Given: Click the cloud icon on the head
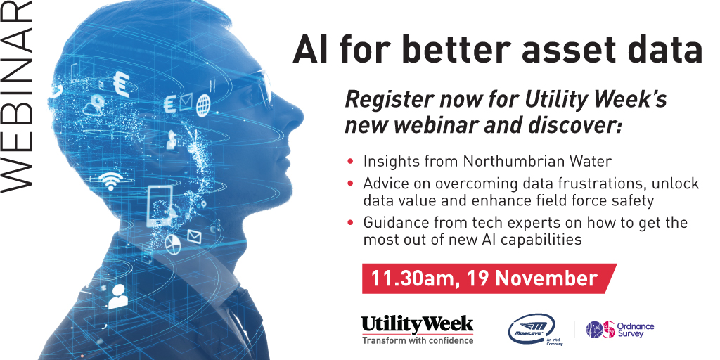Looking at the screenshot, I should [93, 108].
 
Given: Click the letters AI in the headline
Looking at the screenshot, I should [310, 50].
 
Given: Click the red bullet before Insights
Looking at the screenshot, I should [350, 162].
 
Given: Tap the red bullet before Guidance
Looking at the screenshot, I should [350, 223].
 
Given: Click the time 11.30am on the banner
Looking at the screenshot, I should [411, 278].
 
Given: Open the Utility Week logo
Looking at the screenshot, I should [418, 324].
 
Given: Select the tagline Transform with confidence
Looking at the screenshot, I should [418, 340].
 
